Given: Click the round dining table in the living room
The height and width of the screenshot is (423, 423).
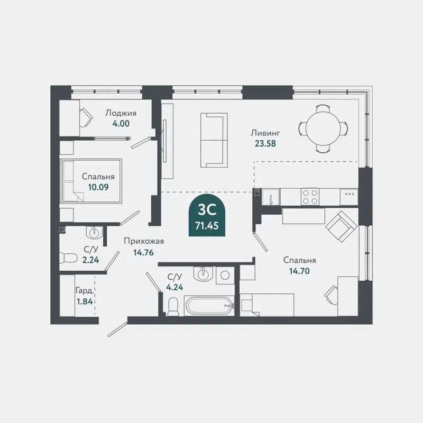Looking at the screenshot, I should (324, 127).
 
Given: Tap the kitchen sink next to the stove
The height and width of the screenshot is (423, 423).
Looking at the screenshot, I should (270, 197).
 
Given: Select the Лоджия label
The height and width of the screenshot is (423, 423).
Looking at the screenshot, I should (121, 113).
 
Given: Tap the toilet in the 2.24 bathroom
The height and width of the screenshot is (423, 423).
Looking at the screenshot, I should (69, 258).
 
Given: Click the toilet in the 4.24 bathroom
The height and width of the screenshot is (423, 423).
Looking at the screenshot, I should (172, 306).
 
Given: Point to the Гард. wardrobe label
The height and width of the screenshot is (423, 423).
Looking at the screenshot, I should (85, 291).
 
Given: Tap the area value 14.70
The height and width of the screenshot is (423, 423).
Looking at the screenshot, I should (299, 270).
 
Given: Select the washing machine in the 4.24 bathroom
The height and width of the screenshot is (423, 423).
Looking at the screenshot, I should (224, 274).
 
